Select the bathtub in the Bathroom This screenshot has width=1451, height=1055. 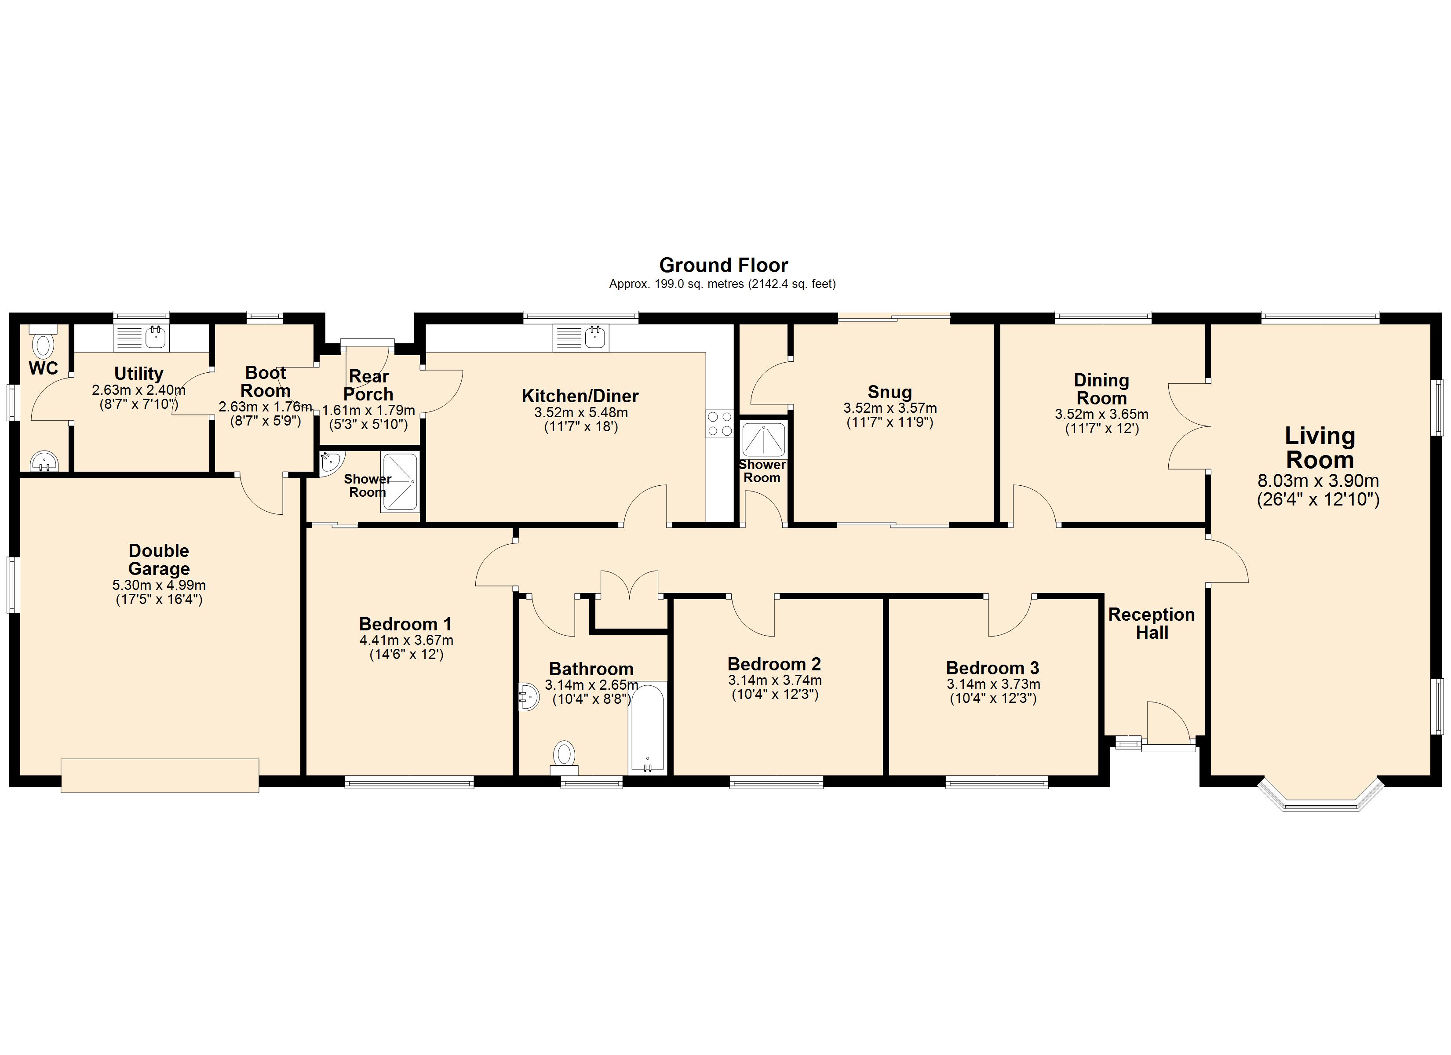[x=647, y=728]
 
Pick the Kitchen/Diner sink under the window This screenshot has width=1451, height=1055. [x=581, y=337]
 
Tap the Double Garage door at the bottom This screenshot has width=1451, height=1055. [x=160, y=775]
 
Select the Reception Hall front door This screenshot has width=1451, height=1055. [x=1169, y=725]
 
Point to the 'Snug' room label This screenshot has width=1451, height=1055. [x=890, y=392]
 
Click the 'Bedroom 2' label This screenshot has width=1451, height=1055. [x=774, y=664]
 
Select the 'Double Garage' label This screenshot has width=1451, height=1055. [x=159, y=560]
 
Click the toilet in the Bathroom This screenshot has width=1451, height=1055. [x=564, y=757]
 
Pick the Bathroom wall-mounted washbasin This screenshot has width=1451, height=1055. [x=529, y=697]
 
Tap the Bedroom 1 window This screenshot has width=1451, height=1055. [x=409, y=782]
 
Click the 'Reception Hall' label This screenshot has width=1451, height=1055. [x=1152, y=623]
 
